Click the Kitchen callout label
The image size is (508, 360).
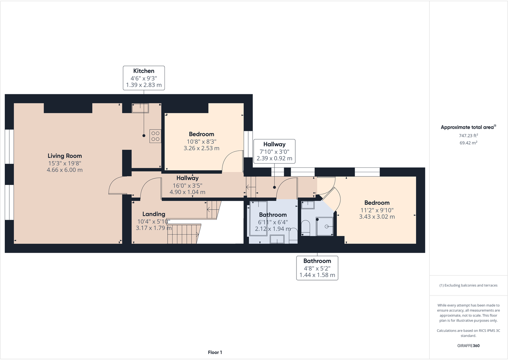pos(144,71)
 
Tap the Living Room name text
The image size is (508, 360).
pos(65,156)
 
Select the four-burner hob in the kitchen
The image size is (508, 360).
pos(156,136)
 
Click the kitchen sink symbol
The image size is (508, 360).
pos(140,108)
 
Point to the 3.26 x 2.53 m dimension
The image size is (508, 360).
pos(201,148)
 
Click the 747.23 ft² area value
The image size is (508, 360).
pos(468,135)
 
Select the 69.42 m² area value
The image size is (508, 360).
pos(468,143)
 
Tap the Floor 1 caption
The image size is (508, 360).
pos(215,352)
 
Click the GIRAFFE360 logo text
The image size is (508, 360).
pos(468,346)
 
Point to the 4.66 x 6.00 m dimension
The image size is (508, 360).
pos(65,170)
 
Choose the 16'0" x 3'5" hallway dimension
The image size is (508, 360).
pos(188,185)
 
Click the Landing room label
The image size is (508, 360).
pos(154,214)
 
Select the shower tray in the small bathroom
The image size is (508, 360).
pos(325,226)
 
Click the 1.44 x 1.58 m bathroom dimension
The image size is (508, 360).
pos(317,275)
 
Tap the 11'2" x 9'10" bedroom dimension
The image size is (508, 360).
pos(377,210)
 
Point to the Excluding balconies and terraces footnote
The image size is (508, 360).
pos(468,285)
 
